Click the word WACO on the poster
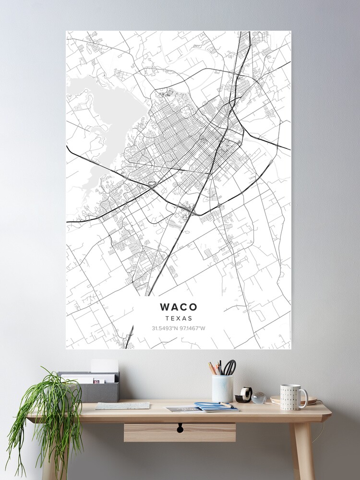tap(178, 307)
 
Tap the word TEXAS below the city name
tap(178, 318)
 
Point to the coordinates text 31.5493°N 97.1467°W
tap(178, 328)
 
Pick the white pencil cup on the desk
tap(222, 388)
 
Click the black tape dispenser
tap(245, 395)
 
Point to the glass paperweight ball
tap(259, 397)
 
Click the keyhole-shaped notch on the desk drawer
tap(180, 428)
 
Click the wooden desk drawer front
tap(180, 432)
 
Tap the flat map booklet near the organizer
tap(122, 406)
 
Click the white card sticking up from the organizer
tap(105, 366)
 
